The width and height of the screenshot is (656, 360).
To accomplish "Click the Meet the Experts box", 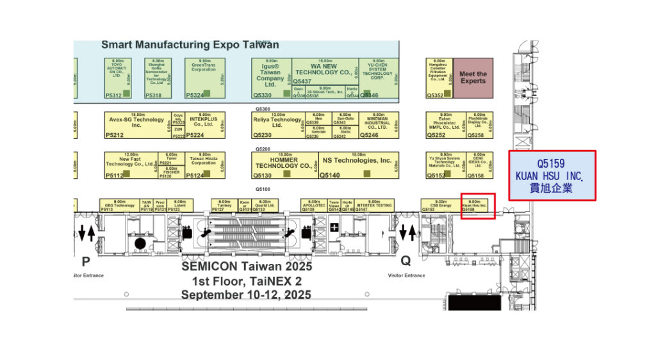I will click(x=473, y=78).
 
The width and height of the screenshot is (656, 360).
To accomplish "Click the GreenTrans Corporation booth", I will click(x=204, y=78).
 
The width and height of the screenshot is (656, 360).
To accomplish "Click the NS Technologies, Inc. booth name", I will click(x=357, y=161).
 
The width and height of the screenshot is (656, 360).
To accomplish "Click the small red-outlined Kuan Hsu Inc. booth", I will click(x=477, y=206).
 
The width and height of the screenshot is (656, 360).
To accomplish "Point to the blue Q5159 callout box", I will click(x=552, y=175).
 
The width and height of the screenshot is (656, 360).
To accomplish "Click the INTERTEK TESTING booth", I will click(x=374, y=205).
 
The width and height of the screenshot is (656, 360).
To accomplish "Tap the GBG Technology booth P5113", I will click(x=119, y=205).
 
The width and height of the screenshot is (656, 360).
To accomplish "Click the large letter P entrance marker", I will click(x=85, y=261).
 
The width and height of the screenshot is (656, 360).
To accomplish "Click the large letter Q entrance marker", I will click(x=406, y=261).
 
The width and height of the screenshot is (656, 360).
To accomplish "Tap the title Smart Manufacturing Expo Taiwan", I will click(x=190, y=45).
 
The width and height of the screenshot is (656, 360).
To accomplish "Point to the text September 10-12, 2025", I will click(x=246, y=295).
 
